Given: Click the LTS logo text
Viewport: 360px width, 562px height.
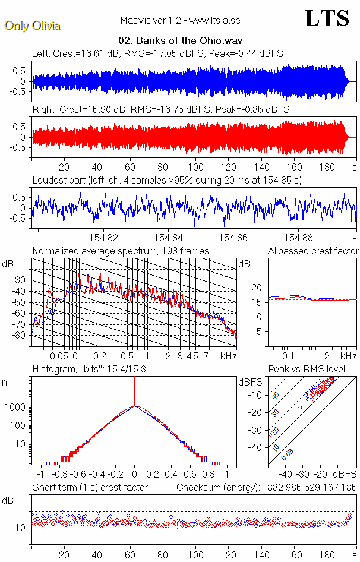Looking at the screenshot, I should pos(327,19).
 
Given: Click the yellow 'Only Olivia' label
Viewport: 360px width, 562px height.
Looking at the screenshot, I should pos(33,26).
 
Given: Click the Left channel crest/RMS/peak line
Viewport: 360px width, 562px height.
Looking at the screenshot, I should pos(157,53).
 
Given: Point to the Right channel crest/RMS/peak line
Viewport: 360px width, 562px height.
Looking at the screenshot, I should pos(160,110).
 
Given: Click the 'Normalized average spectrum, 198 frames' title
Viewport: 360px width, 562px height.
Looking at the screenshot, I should pos(121,251).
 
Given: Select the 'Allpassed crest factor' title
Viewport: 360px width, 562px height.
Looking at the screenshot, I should pos(313,251).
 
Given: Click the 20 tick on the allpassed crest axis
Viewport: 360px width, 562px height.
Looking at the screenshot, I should pos(257,288).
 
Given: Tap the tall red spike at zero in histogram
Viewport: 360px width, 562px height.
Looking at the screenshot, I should pos(135,392).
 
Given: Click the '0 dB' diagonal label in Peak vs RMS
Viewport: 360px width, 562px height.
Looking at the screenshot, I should pos(288,454).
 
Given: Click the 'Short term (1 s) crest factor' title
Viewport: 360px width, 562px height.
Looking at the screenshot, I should pos(90,488).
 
